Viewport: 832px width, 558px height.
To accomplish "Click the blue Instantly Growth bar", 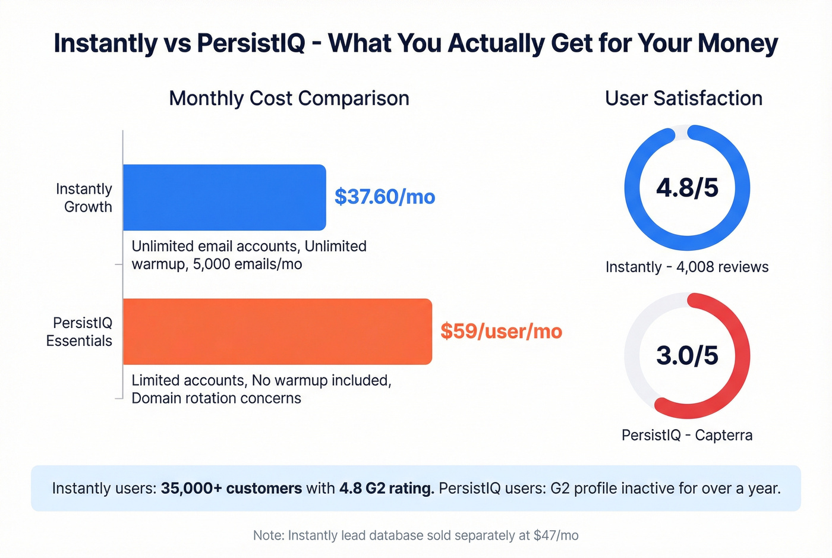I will click(224, 197).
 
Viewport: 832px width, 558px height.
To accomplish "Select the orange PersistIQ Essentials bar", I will click(277, 332).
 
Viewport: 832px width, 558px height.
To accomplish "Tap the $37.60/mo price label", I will click(385, 197).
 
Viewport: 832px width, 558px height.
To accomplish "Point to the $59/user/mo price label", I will click(501, 331).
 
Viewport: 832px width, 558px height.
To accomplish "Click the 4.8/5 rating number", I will click(687, 188).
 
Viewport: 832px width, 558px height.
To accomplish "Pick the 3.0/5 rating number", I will click(687, 355).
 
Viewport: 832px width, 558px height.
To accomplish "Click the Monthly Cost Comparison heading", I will click(289, 98).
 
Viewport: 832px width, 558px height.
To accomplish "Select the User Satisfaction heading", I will click(683, 98).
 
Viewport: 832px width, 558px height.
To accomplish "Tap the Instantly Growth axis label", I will click(84, 197).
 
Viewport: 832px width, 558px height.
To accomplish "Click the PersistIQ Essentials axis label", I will click(80, 332).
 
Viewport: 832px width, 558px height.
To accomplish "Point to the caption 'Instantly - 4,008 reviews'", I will click(687, 267).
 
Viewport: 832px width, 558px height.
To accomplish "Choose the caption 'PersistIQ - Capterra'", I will click(687, 435).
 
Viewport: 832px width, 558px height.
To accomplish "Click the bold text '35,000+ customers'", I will click(231, 488).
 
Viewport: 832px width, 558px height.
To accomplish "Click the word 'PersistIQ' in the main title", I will click(251, 43).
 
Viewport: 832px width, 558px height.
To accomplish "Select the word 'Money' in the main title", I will click(738, 43).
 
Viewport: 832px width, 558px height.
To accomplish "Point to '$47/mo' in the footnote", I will click(556, 535).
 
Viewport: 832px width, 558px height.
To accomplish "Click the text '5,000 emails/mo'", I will click(247, 264).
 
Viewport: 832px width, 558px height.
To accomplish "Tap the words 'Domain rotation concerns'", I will click(216, 398).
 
